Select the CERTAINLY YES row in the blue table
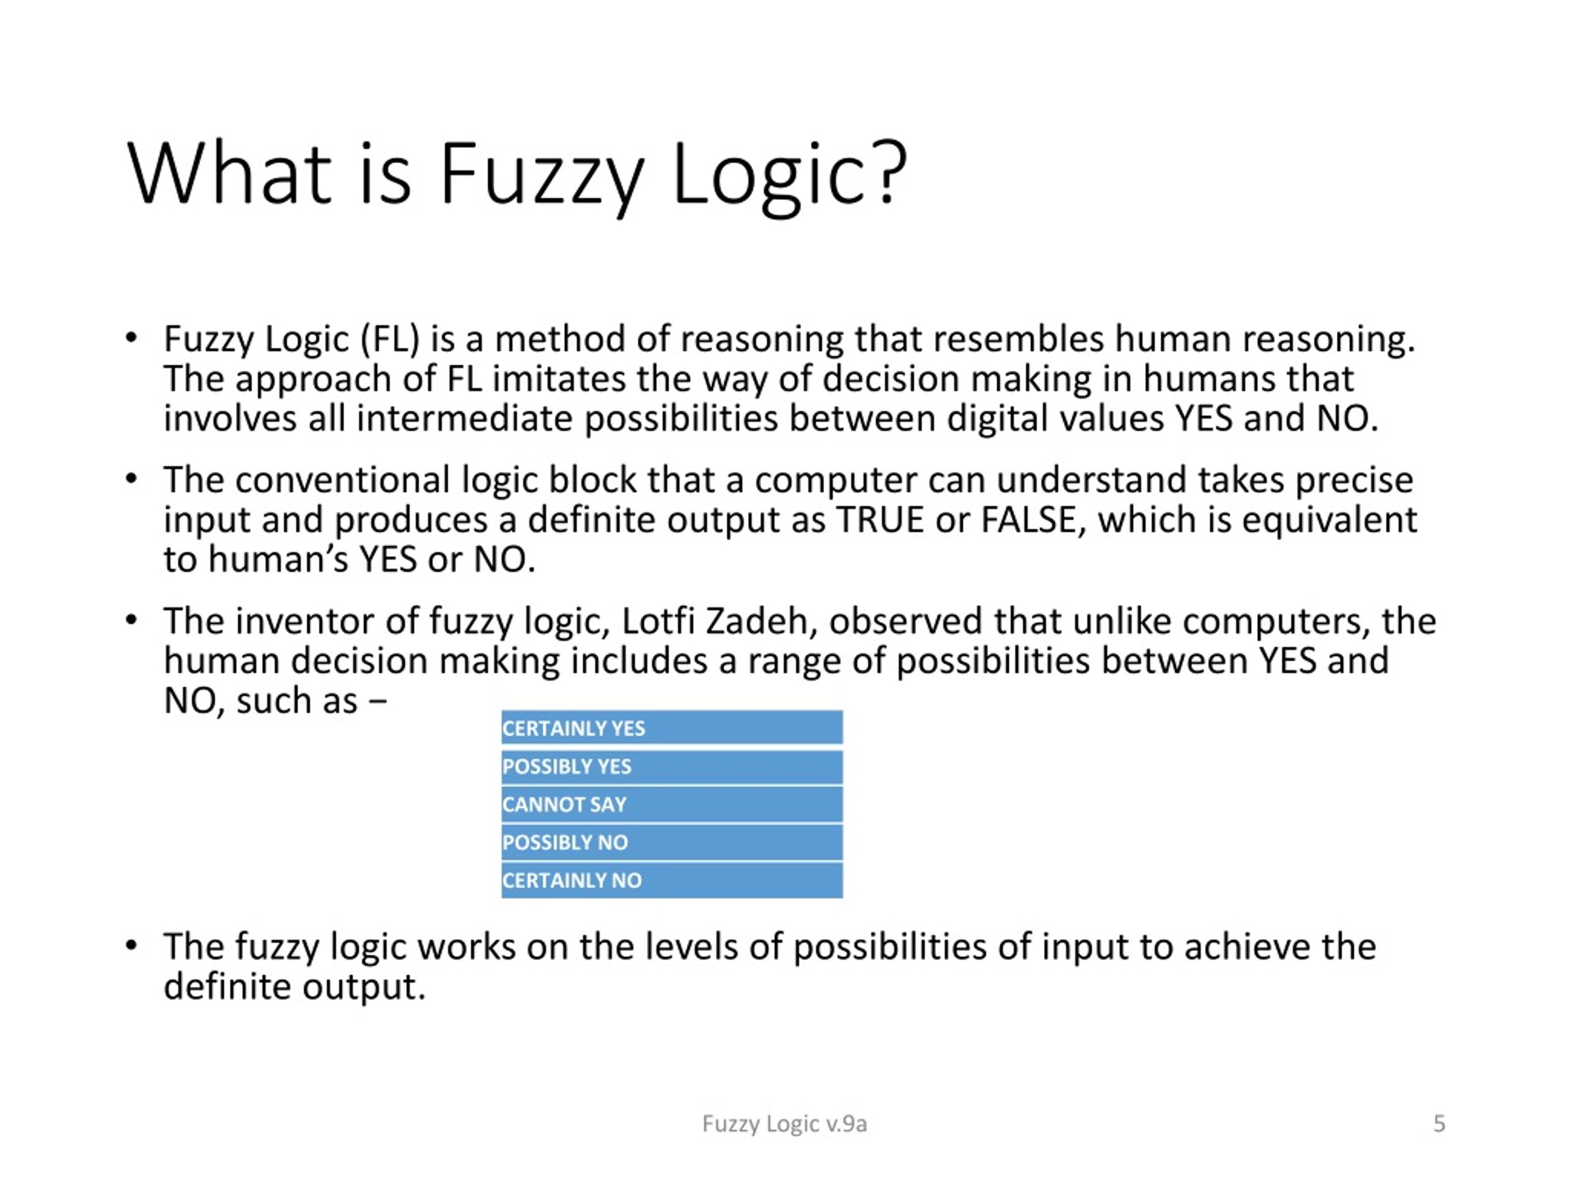pyautogui.click(x=672, y=728)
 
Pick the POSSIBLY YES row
pyautogui.click(x=672, y=766)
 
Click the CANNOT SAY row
pyautogui.click(x=672, y=804)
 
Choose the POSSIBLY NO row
pyautogui.click(x=672, y=842)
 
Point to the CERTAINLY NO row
pyautogui.click(x=672, y=880)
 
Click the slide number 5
pyautogui.click(x=1439, y=1123)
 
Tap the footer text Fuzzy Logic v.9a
pyautogui.click(x=784, y=1124)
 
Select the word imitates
pyautogui.click(x=559, y=378)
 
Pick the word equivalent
pyautogui.click(x=1330, y=520)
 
